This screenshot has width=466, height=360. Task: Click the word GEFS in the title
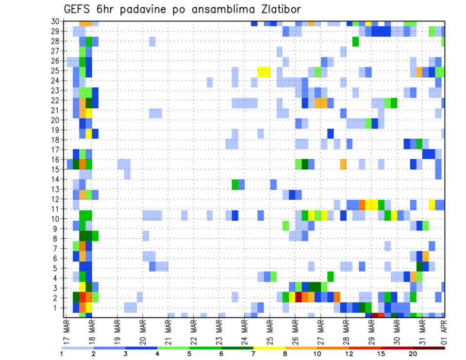[79, 10]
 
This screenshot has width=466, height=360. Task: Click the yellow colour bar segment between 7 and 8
[269, 347]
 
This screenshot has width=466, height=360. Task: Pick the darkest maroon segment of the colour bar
[429, 347]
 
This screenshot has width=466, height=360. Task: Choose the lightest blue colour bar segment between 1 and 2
[78, 347]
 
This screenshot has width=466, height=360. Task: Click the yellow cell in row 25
[264, 72]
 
